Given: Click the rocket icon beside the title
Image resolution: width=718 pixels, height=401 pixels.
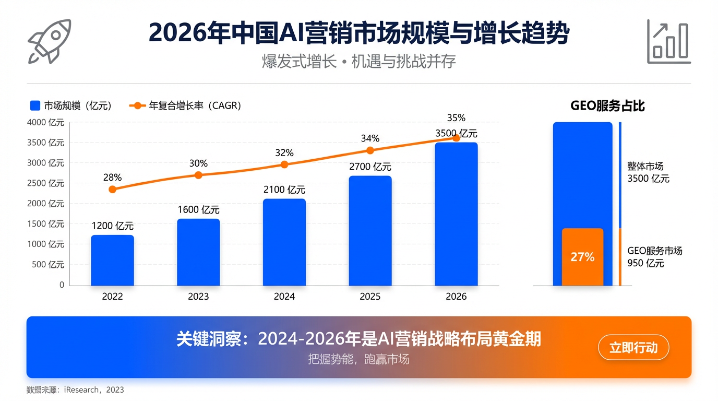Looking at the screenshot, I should tap(50, 41).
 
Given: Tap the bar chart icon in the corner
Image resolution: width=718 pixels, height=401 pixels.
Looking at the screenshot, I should tap(668, 42).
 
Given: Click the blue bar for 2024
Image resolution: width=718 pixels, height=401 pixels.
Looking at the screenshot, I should tap(284, 242).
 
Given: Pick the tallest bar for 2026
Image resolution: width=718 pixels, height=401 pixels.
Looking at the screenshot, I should tap(456, 214).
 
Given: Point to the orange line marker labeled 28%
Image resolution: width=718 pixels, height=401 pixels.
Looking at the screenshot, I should tap(112, 189).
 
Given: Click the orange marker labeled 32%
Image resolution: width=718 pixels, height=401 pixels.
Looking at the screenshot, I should tap(284, 164).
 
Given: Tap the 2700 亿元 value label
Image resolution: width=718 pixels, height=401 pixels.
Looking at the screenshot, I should tap(370, 167).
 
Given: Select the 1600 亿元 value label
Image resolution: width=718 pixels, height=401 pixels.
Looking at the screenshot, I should tap(198, 210).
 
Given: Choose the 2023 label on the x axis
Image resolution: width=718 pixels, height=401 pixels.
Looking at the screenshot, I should tap(198, 297).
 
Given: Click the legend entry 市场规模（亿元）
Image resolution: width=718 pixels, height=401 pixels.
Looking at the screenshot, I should tap(71, 105).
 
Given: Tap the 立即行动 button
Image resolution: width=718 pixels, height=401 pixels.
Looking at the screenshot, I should tap(633, 348).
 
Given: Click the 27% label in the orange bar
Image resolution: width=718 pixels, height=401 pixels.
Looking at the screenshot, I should tap(582, 257).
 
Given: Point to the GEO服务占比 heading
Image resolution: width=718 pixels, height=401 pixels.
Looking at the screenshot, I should tap(607, 105).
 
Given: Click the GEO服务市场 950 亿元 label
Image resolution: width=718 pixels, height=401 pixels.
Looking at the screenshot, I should tap(654, 257).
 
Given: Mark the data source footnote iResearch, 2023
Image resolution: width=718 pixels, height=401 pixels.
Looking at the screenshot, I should tap(75, 390).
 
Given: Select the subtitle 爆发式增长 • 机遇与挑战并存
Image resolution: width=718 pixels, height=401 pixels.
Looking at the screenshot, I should tap(358, 62).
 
